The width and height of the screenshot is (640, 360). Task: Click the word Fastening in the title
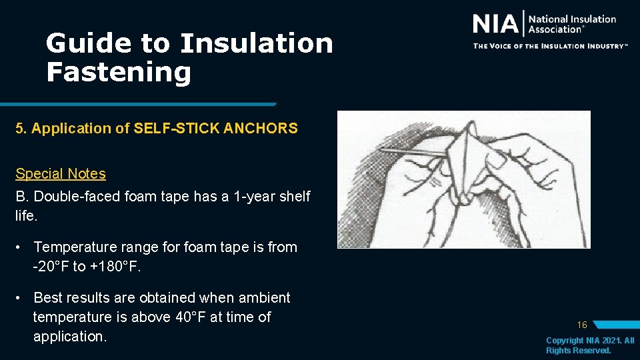coord(119,72)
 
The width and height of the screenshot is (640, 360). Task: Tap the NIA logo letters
coord(495,24)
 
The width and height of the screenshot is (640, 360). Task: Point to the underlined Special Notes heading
coord(61,174)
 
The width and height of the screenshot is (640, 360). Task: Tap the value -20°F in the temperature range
coord(51,267)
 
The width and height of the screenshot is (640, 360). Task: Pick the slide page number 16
coord(582,325)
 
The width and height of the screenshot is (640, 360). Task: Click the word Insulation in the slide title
coord(257,43)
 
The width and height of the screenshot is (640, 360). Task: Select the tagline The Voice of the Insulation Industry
coord(550,46)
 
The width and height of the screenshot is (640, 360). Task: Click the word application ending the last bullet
coord(69,337)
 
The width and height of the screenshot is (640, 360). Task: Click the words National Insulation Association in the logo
coord(571,24)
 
